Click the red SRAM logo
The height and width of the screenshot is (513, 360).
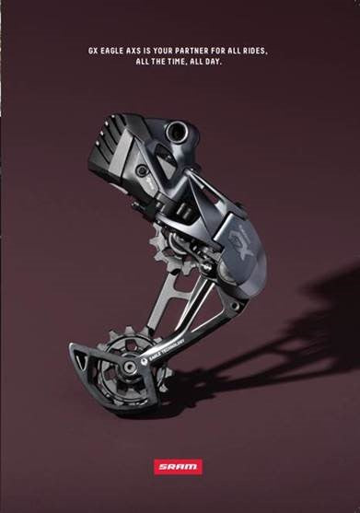178,467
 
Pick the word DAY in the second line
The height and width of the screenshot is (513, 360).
215,62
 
